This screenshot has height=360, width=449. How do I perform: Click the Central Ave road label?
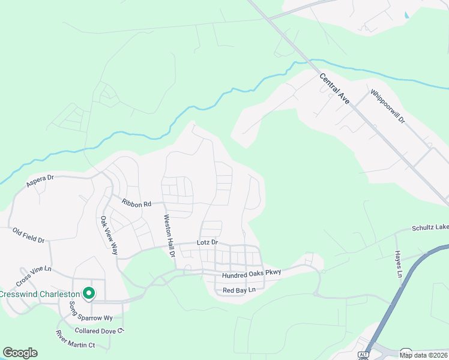pos(335,89)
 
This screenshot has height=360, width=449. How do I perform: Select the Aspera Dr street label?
pos(40,181)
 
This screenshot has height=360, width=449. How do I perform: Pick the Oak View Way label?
pos(109,235)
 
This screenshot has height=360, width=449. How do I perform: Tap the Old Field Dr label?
pos(29,235)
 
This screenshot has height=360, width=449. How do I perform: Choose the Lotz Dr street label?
pos(206,243)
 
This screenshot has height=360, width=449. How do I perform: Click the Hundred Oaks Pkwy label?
pos(252,274)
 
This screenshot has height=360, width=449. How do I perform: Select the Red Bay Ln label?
pos(239,290)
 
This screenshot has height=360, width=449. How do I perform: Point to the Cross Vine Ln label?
pos(34,276)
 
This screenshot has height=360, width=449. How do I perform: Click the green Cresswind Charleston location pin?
pos(89,293)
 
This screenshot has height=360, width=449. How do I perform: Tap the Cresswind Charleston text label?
pos(40,295)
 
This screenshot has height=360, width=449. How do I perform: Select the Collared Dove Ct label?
pos(99,331)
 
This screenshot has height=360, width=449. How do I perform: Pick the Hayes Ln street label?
pos(398,264)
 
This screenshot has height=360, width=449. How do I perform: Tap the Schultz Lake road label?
pos(430,228)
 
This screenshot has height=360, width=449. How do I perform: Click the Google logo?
pos(20,353)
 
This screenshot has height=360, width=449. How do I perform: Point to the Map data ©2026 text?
pos(424,355)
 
